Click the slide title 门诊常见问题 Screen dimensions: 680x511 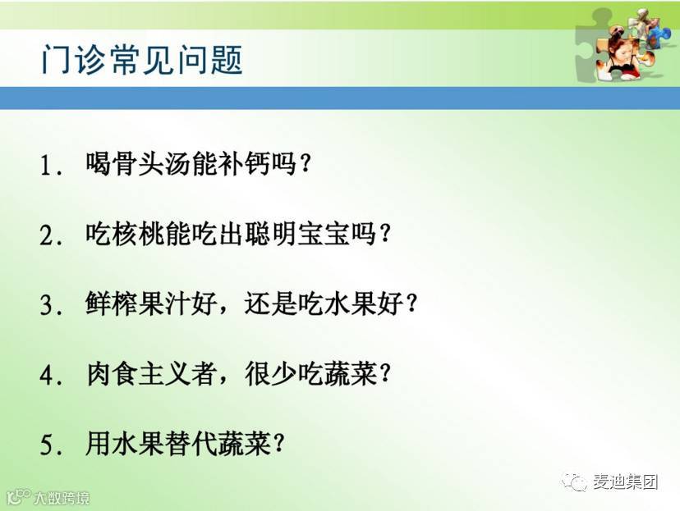(142, 59)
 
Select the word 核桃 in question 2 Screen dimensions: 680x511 (138, 234)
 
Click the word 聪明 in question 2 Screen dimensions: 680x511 (271, 234)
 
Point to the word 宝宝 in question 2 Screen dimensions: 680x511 (324, 234)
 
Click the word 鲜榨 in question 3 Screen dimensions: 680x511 (112, 303)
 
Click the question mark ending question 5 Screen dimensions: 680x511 (279, 444)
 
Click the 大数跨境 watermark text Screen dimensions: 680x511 (62, 498)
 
